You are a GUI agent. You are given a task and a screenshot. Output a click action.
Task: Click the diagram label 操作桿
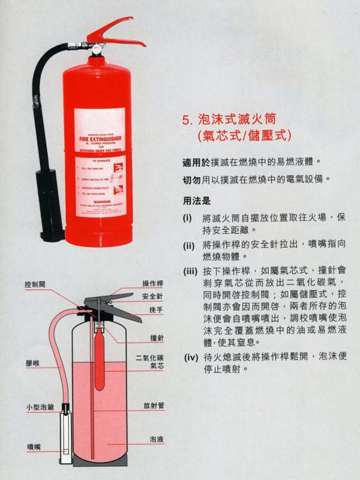click(152, 283)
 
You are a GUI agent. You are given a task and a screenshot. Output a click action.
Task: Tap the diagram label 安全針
click(152, 296)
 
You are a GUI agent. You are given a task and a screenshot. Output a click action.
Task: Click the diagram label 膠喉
click(32, 364)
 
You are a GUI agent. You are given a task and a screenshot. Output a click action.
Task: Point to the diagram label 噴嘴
click(34, 446)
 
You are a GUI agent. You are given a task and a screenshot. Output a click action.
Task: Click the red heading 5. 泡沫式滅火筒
click(232, 119)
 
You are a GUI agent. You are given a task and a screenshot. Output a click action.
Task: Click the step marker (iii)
click(191, 271)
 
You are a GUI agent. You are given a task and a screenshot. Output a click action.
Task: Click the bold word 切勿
click(191, 180)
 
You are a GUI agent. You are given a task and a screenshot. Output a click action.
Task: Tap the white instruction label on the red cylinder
click(100, 162)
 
